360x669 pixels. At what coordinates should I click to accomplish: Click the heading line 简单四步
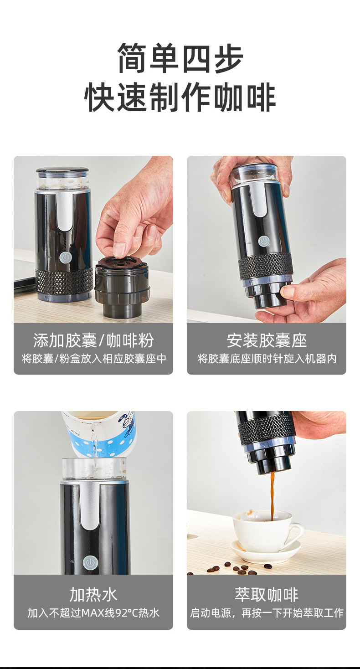[x=180, y=58]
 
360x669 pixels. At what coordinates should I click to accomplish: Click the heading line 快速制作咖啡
[x=180, y=97]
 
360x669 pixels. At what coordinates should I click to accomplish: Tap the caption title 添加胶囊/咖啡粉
[x=93, y=340]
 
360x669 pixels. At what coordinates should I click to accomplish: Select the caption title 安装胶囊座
[x=267, y=340]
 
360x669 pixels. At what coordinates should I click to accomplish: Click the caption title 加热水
[x=93, y=595]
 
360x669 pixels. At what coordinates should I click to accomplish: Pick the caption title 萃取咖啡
[x=267, y=595]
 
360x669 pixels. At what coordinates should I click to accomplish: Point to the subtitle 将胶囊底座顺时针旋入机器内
[x=267, y=359]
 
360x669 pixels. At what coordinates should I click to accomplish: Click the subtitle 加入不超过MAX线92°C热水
[x=93, y=613]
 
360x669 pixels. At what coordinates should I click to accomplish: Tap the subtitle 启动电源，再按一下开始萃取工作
[x=267, y=613]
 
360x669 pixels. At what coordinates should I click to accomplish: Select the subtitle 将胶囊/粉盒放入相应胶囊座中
[x=93, y=359]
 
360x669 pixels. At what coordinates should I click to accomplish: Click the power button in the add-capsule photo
[x=65, y=257]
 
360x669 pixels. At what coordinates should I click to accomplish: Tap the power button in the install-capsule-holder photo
[x=263, y=242]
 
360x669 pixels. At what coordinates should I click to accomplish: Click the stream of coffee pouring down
[x=273, y=494]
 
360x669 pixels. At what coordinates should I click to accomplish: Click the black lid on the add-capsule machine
[x=62, y=170]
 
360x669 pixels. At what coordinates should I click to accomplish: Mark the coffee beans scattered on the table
[x=237, y=570]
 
